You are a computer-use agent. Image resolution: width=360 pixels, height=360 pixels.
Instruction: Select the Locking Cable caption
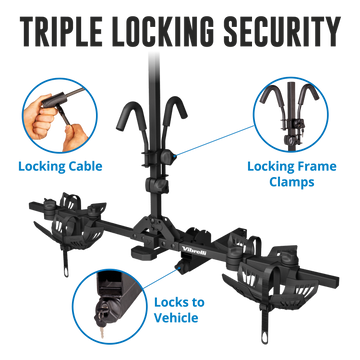(x=60, y=166)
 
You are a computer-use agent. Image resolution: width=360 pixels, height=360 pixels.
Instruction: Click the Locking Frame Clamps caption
(x=292, y=174)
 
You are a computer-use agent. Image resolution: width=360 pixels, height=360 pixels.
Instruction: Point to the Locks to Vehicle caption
(x=179, y=310)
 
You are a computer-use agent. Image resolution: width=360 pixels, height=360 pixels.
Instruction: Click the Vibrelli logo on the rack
(x=194, y=251)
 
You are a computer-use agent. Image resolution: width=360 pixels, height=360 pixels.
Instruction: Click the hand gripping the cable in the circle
(x=43, y=112)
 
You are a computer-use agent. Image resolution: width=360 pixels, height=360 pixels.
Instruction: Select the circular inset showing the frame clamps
(x=290, y=115)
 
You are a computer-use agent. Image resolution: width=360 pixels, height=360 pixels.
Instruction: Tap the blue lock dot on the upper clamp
(x=175, y=156)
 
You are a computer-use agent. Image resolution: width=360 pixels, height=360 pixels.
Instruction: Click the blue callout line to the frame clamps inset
(x=216, y=140)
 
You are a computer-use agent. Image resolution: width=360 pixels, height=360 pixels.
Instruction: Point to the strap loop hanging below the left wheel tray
(x=65, y=262)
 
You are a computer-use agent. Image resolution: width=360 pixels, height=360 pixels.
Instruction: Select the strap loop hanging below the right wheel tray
(x=264, y=327)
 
